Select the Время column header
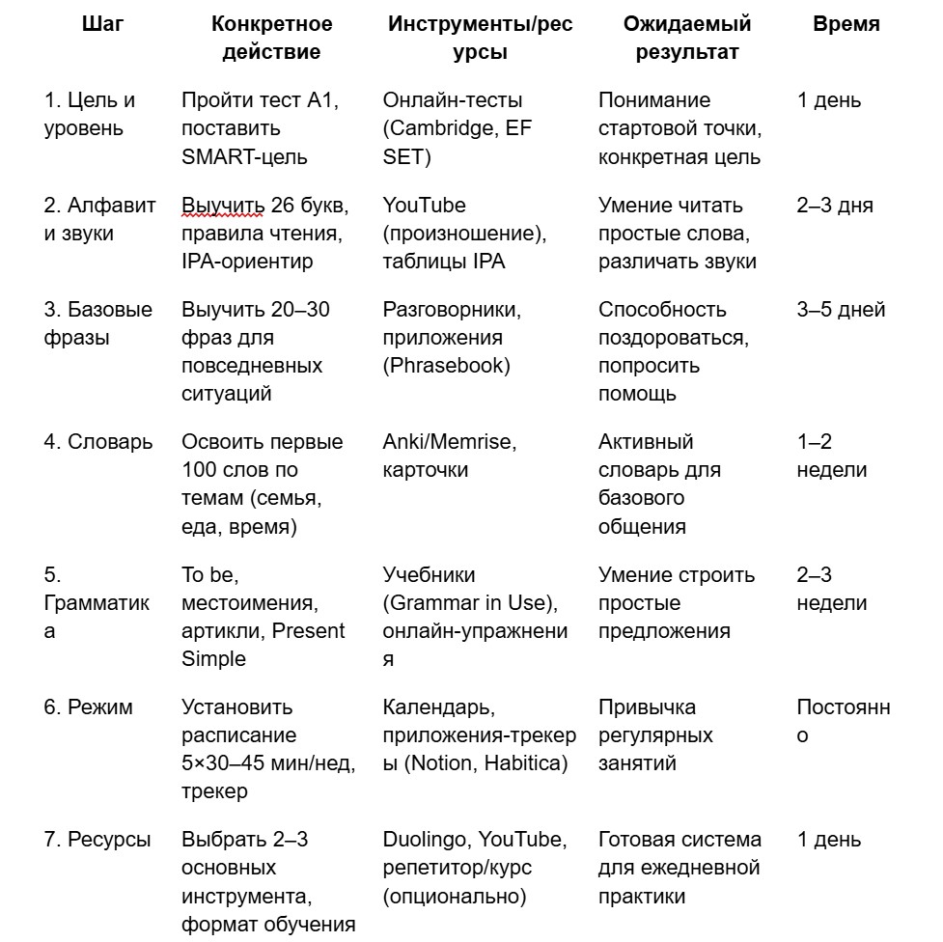846,24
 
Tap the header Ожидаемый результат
686,38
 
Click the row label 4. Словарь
98,442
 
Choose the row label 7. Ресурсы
97,840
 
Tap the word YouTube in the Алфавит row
425,205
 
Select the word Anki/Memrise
450,442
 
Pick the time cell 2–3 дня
835,205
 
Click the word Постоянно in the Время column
843,721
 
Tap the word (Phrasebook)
446,366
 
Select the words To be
209,575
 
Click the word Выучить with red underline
221,205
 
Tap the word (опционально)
455,896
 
